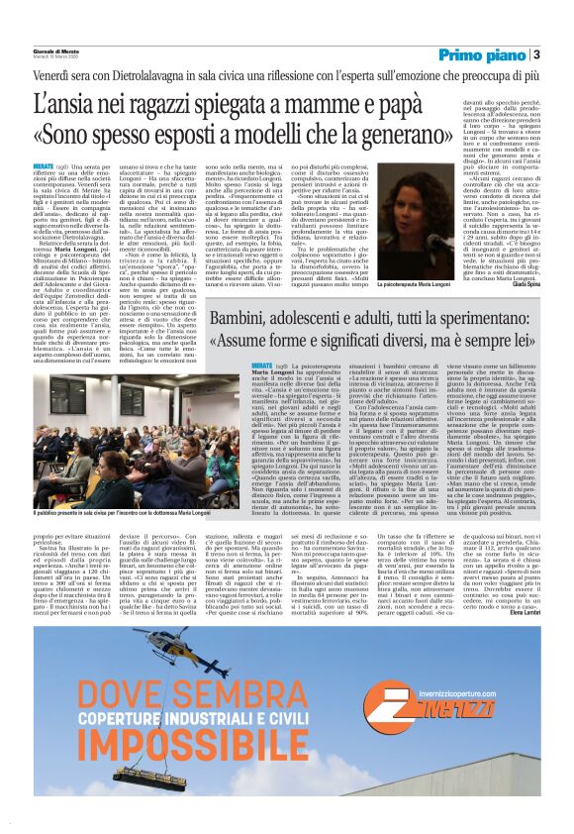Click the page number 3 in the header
535,54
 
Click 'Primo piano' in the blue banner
481,54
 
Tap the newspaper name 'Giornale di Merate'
59,51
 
